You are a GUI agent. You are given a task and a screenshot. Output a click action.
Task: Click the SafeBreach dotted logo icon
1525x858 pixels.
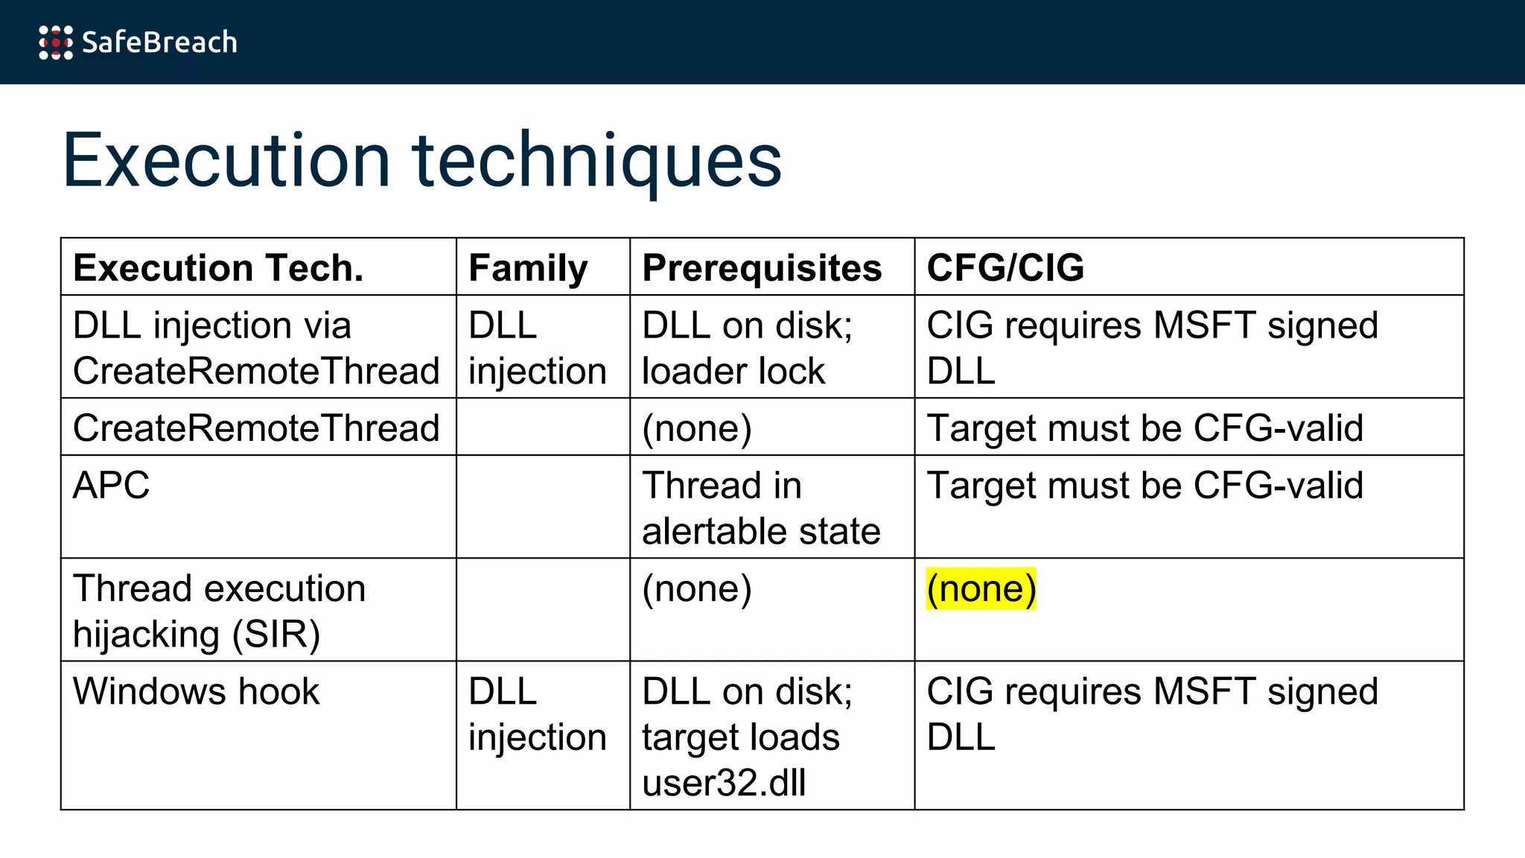coord(56,42)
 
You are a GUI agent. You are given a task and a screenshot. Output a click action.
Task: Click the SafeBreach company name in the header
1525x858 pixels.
coord(159,42)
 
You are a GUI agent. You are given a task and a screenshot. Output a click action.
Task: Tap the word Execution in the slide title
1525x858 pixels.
coord(226,160)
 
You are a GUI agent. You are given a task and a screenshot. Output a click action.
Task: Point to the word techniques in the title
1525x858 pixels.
coord(596,160)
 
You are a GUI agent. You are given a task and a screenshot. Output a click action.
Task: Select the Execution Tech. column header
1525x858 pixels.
coord(218,268)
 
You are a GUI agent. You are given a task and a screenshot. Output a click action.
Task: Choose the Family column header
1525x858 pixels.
coord(528,268)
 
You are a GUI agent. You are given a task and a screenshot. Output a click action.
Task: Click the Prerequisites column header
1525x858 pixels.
coord(762,268)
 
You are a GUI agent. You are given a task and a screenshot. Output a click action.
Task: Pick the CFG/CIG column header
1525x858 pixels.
coord(1005,268)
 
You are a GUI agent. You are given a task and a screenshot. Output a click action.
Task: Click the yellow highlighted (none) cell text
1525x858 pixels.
coord(981,589)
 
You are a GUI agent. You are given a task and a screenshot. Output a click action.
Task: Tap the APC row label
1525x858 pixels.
coord(112,486)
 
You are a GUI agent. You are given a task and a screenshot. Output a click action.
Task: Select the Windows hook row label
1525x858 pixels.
coord(196,692)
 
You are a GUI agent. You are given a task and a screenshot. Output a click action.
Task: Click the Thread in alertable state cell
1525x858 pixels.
coord(761,508)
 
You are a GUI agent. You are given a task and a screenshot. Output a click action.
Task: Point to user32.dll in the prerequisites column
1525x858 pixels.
coord(724,784)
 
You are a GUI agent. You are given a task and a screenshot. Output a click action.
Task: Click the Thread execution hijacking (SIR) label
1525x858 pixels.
coord(219,611)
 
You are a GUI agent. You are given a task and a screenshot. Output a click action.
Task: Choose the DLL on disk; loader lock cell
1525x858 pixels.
coord(747,348)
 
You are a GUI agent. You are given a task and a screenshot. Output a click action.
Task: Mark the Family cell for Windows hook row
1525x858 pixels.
coord(537,714)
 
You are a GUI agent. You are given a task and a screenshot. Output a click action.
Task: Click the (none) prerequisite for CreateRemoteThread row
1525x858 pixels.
coord(697,428)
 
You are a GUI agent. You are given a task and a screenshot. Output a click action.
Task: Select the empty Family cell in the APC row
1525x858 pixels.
coord(543,506)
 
